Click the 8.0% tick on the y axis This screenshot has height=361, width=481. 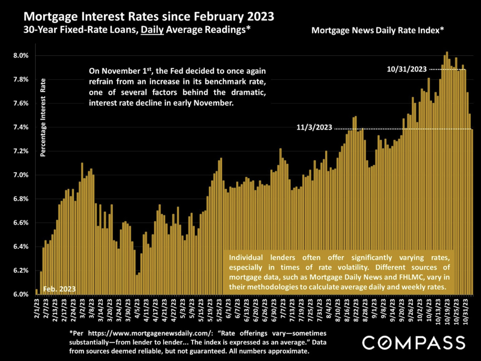[21, 56]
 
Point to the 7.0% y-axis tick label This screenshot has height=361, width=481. [21, 175]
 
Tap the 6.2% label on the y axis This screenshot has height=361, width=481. [21, 271]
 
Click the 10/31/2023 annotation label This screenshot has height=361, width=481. [407, 69]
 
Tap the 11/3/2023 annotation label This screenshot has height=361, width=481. [314, 128]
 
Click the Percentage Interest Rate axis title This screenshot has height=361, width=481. [43, 118]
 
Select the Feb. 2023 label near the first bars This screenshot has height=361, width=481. [59, 289]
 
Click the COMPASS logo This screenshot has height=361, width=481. [413, 343]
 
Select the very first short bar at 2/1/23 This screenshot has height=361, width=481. [36, 292]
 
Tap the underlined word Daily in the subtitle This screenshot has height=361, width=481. [152, 30]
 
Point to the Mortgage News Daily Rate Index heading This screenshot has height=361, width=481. [377, 30]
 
